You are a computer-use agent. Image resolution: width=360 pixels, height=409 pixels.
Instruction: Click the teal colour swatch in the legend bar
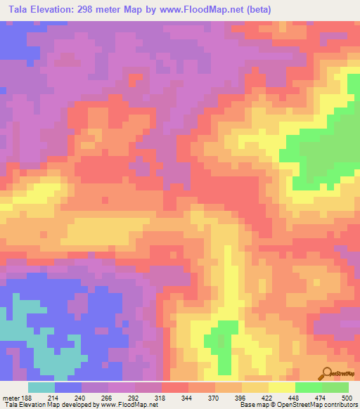pyautogui.click(x=41, y=387)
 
